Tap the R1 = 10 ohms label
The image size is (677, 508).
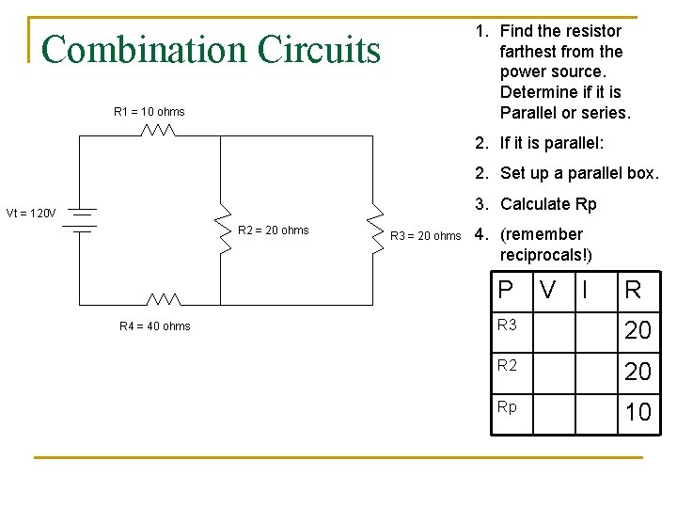(x=149, y=112)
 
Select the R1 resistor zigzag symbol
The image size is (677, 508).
(x=158, y=130)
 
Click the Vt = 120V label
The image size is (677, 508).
(x=31, y=213)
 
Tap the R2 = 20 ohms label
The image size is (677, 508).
(x=273, y=230)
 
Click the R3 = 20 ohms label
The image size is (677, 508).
(x=425, y=236)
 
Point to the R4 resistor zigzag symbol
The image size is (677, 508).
(x=164, y=299)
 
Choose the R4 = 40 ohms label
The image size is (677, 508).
(x=154, y=326)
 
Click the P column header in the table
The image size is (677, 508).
(x=506, y=290)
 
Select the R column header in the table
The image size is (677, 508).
(x=633, y=290)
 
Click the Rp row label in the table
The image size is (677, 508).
(x=507, y=407)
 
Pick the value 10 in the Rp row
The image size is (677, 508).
(x=638, y=412)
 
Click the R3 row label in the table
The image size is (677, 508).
(x=507, y=325)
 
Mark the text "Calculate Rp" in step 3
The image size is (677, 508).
(x=548, y=204)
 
